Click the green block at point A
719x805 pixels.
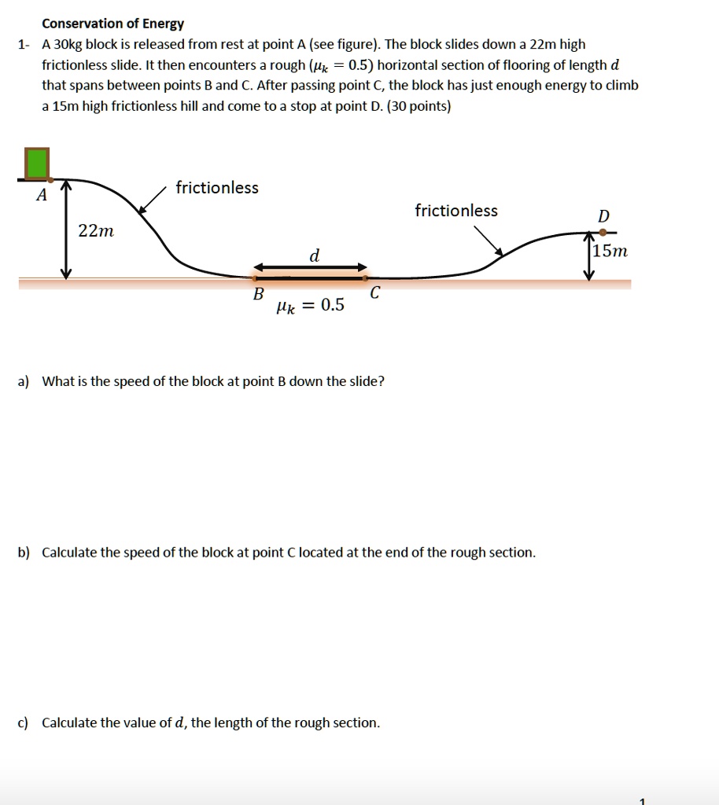click(x=37, y=164)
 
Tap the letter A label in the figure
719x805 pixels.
click(x=42, y=195)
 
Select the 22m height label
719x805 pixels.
click(x=96, y=231)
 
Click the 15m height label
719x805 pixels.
click(x=610, y=252)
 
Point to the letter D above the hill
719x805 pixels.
click(x=603, y=216)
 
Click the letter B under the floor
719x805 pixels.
click(x=257, y=294)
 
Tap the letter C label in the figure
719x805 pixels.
click(x=374, y=293)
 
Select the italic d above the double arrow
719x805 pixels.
click(x=315, y=256)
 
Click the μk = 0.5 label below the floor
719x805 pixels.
click(x=310, y=305)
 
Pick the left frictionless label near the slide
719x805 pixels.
click(x=217, y=187)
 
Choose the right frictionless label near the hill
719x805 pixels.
click(x=456, y=211)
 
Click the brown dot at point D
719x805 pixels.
click(x=603, y=232)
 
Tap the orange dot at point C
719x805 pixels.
click(x=365, y=277)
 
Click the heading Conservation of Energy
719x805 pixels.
click(x=112, y=24)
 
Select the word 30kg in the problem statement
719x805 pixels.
click(x=68, y=45)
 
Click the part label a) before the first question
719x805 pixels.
click(x=24, y=382)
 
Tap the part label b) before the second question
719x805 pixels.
click(x=24, y=553)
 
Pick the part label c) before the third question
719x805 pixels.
click(x=24, y=722)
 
